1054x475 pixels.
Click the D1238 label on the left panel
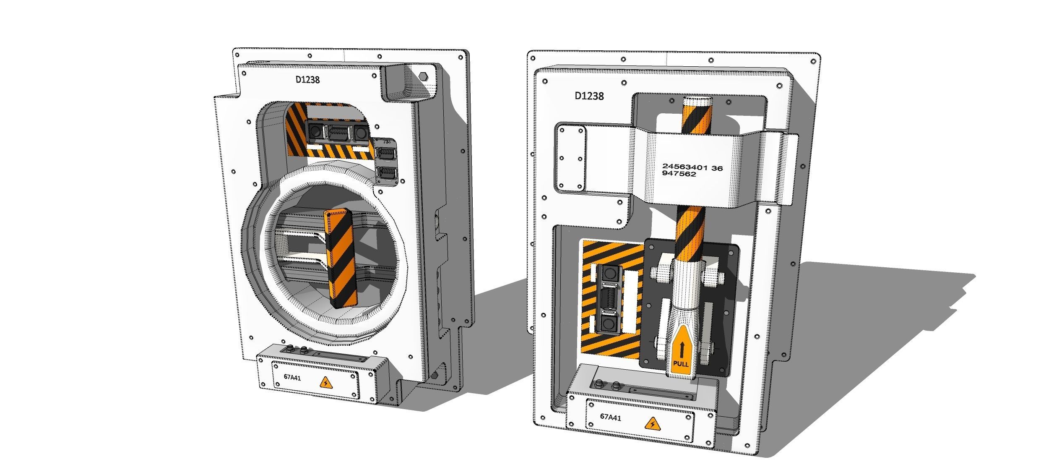pos(308,79)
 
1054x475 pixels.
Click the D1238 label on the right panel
pos(589,96)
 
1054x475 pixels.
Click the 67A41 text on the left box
pos(292,377)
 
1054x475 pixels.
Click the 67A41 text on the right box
pos(611,417)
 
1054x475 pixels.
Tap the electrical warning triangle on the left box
pos(325,383)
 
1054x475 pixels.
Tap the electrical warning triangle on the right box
pos(653,424)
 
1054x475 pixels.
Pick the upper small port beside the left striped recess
pos(387,154)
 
